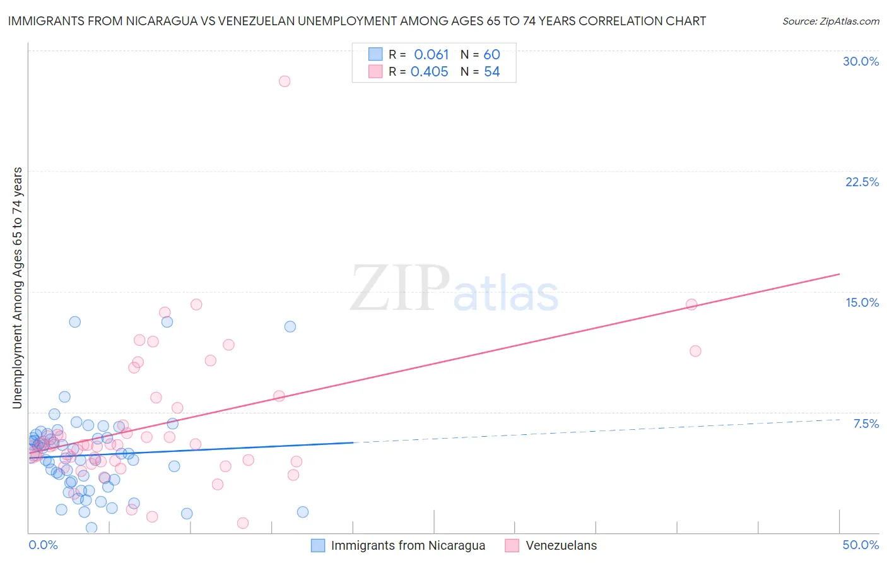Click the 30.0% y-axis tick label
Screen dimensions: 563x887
[861, 61]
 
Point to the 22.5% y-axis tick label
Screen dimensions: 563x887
[862, 182]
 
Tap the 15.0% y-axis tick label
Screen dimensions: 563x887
[862, 302]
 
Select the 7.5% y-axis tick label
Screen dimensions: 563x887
[866, 424]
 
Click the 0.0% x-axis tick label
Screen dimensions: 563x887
[43, 545]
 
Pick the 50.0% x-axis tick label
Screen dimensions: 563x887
[861, 545]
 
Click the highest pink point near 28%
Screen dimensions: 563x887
[285, 81]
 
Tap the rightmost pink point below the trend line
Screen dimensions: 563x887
[695, 351]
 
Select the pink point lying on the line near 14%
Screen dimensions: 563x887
[691, 304]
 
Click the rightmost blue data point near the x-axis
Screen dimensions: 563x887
[303, 512]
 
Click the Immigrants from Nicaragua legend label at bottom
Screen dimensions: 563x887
[408, 546]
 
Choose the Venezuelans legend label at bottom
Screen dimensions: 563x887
[561, 546]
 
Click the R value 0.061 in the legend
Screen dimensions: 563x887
[432, 55]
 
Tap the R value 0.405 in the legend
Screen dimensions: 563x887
[430, 72]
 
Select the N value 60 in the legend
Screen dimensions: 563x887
[492, 55]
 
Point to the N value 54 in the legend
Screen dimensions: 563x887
[492, 72]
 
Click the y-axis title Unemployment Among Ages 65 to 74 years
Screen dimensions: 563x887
[17, 288]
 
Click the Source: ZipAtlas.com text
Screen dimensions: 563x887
[830, 21]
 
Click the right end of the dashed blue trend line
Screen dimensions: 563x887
[840, 419]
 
